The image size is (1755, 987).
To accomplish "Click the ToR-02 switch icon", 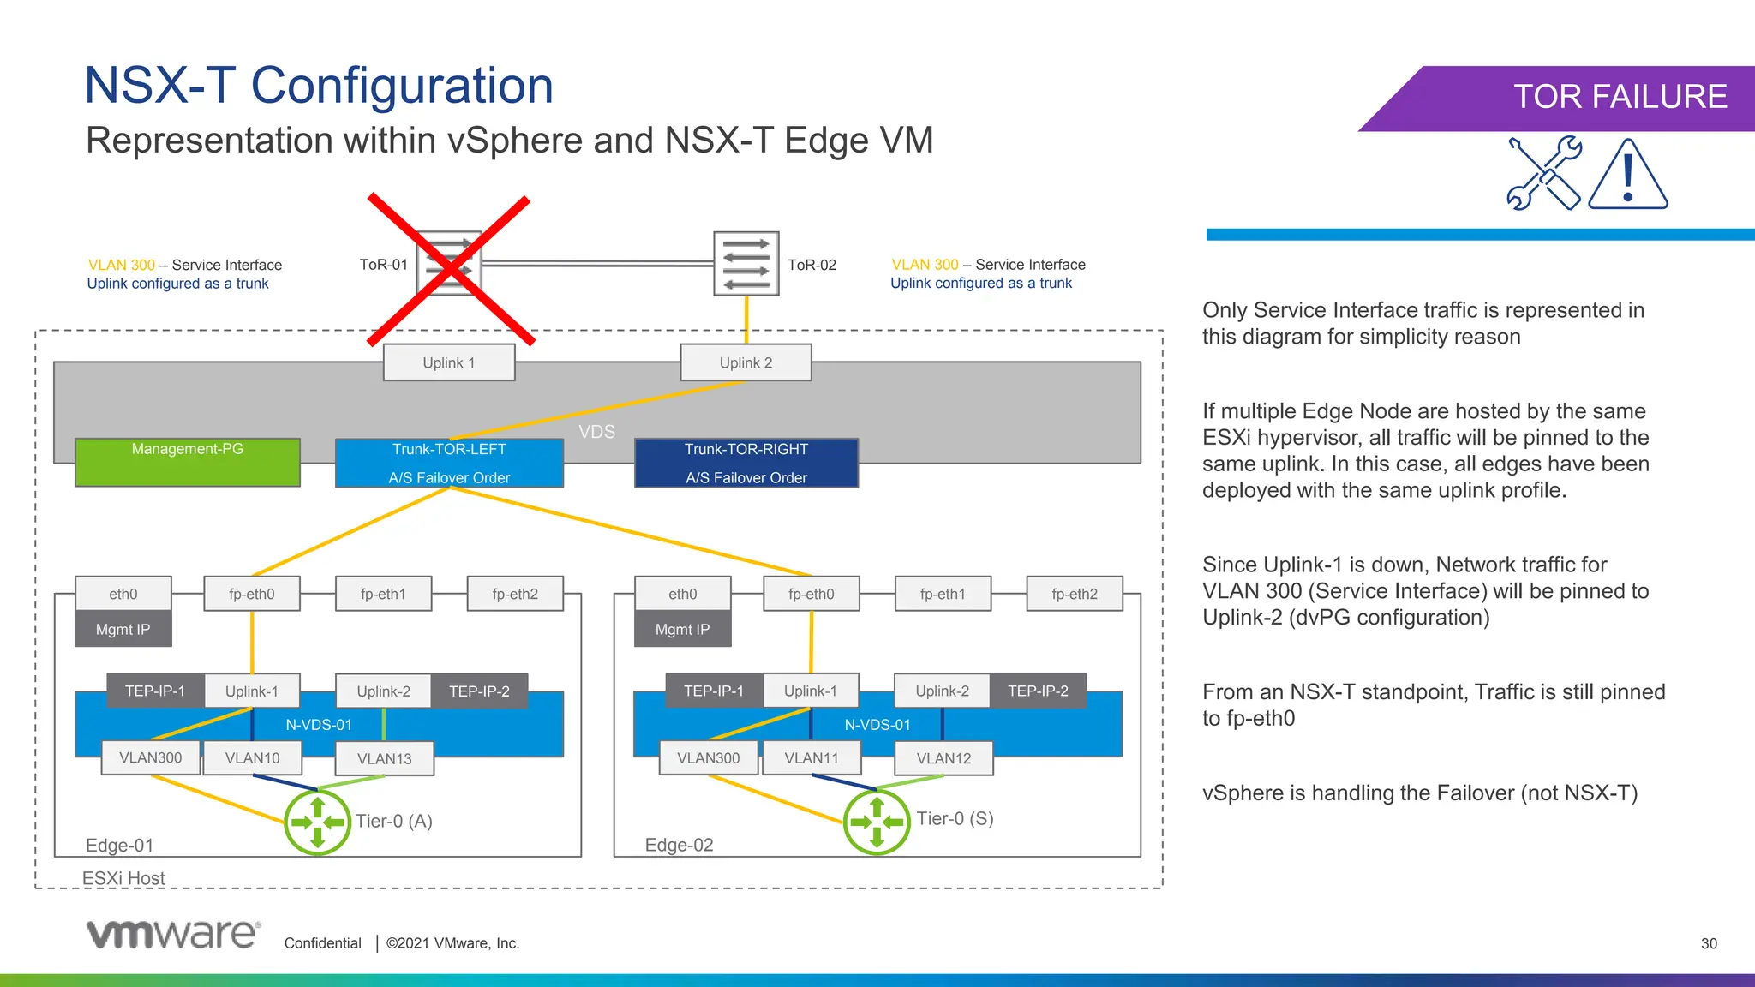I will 746,264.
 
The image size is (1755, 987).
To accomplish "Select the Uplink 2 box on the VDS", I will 746,362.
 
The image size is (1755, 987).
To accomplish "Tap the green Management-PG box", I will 187,463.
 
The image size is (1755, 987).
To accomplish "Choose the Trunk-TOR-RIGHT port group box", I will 746,463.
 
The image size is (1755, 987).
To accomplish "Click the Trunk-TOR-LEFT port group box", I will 449,463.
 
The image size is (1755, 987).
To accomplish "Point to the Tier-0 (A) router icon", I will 317,822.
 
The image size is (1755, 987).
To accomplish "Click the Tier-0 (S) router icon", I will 877,822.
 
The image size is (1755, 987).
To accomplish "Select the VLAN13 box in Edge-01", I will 384,759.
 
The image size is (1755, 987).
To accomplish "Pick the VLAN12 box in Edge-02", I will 943,758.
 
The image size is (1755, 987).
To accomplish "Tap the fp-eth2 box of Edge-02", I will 1075,594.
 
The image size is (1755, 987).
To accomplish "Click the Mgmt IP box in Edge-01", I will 123,629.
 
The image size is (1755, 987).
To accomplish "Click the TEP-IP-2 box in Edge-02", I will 1038,691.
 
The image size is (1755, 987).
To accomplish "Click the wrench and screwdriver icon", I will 1543,173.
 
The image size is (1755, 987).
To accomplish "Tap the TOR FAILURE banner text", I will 1620,97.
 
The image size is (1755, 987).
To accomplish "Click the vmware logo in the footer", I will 173,935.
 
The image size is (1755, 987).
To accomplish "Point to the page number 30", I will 1709,943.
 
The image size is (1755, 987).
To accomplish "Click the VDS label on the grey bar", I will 596,432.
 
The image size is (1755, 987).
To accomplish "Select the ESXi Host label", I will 123,878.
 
